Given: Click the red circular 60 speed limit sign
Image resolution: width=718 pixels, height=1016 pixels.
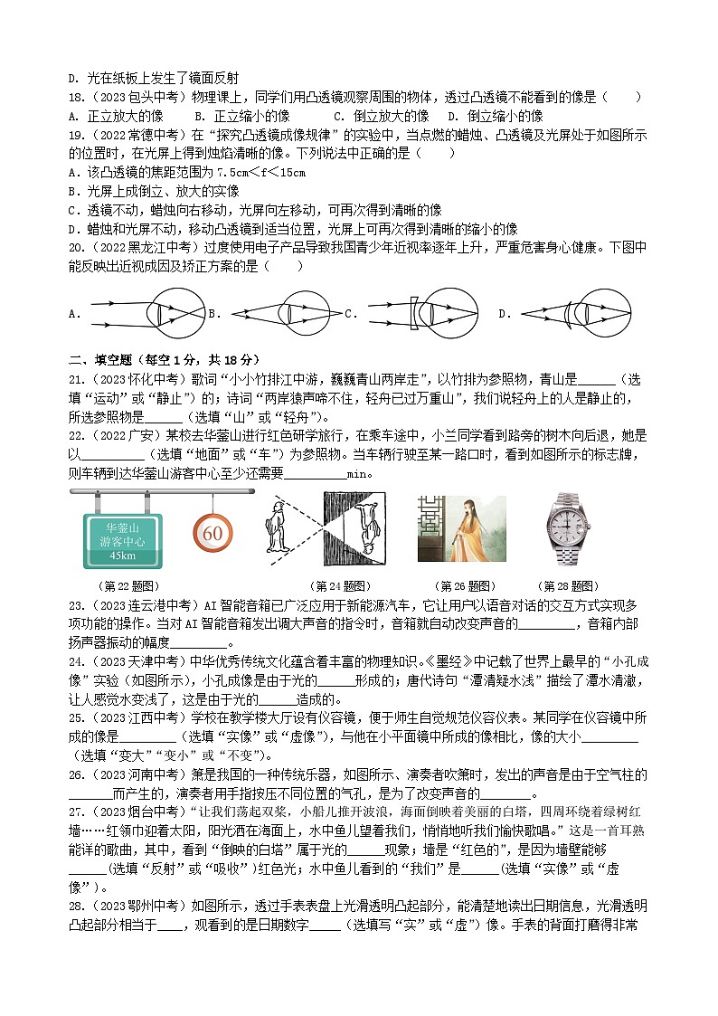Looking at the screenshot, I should point(213,534).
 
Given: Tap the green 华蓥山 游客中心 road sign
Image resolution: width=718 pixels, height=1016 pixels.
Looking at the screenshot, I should point(122,540).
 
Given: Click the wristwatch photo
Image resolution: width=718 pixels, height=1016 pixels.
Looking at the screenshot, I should point(567,529).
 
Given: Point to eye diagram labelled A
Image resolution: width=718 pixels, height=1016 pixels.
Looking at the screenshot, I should point(144,313).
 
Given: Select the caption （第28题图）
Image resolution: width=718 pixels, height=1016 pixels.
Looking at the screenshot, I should point(567,586).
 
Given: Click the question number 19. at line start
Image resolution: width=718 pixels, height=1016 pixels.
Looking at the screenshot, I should point(77,135).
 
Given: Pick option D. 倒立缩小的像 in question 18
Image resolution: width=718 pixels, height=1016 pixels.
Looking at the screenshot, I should point(496,116).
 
